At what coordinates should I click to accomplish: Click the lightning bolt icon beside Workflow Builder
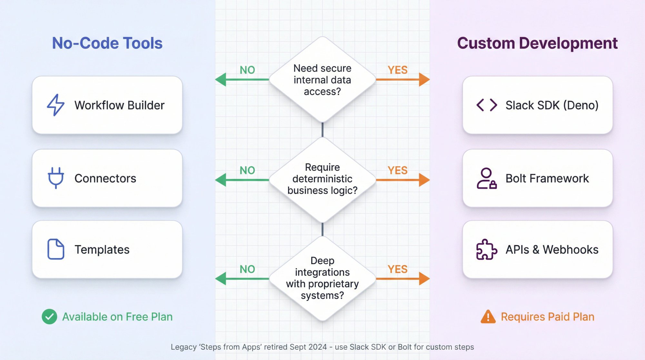(x=55, y=105)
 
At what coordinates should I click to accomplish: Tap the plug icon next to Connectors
(x=55, y=178)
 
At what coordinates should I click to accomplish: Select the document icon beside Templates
(x=55, y=249)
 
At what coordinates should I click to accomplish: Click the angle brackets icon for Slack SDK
(x=487, y=105)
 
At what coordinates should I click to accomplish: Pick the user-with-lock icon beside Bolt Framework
(x=486, y=178)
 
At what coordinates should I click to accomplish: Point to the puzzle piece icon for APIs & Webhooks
(x=486, y=249)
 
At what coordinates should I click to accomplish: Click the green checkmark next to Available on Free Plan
(x=49, y=316)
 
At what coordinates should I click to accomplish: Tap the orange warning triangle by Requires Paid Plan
(x=488, y=316)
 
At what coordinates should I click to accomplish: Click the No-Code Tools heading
(x=107, y=43)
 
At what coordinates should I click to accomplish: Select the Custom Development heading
(x=537, y=43)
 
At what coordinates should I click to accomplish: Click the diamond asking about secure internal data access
(x=322, y=80)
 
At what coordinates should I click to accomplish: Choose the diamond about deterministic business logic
(x=322, y=179)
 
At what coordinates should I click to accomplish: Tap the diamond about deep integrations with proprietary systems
(x=322, y=278)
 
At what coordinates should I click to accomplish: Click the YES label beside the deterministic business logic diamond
(x=397, y=170)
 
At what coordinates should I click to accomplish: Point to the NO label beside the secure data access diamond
(x=247, y=70)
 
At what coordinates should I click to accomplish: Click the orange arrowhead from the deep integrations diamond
(x=424, y=278)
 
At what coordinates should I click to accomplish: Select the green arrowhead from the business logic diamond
(x=221, y=180)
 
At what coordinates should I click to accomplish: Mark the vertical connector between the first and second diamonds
(x=322, y=129)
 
